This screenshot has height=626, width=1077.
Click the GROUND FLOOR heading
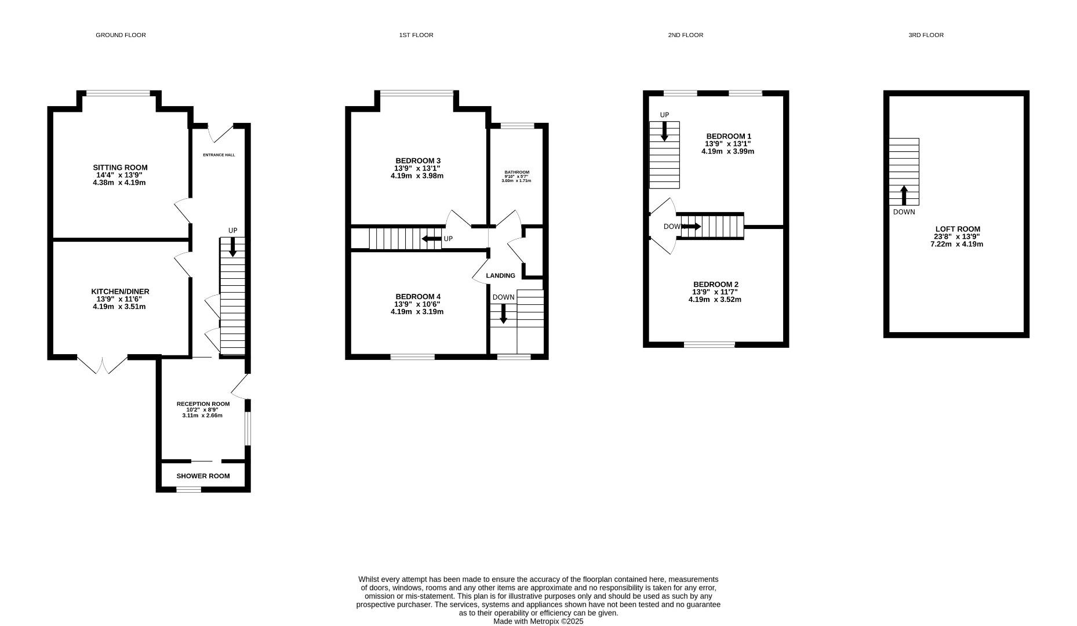[x=121, y=35]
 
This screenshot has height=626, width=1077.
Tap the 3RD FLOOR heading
[x=926, y=35]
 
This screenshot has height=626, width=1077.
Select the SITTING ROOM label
[x=120, y=168]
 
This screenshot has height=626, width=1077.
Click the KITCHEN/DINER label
[x=120, y=292]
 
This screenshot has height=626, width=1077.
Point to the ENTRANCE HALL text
[x=219, y=155]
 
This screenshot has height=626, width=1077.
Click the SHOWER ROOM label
[x=203, y=476]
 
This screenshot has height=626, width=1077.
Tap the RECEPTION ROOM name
[x=203, y=404]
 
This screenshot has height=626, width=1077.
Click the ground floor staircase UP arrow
[x=232, y=249]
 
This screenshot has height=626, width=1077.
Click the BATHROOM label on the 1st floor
[x=516, y=172]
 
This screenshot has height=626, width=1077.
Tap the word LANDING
[x=500, y=276]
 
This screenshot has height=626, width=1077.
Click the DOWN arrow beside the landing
[x=503, y=313]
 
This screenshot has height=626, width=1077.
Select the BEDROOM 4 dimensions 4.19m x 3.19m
[x=417, y=312]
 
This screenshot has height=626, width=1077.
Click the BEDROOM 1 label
[x=728, y=136]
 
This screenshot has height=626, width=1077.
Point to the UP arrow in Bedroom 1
[x=664, y=131]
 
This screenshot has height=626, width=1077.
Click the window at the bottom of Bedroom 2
[x=709, y=345]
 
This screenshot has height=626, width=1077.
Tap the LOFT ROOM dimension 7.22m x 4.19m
[x=956, y=244]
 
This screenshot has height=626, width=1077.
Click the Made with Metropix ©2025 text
[x=538, y=621]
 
